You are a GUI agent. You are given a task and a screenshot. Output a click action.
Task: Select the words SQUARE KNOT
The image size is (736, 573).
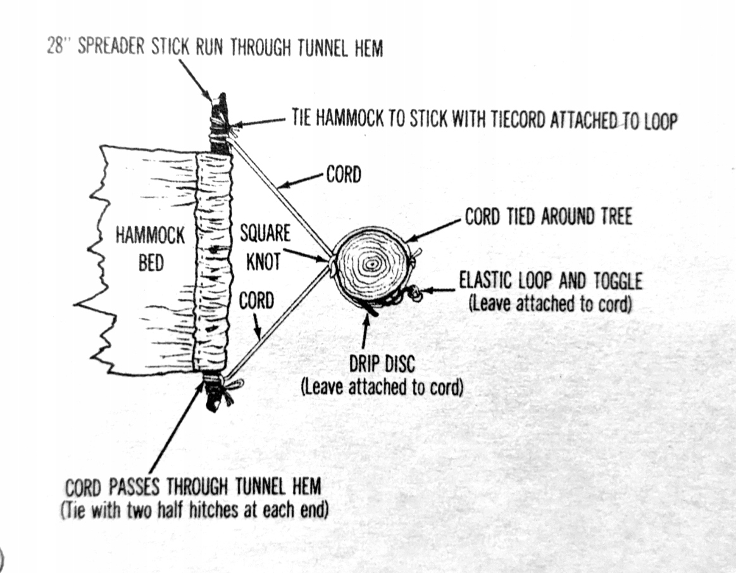(264, 247)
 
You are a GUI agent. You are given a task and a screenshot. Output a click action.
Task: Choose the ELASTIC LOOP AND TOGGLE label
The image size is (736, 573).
(550, 280)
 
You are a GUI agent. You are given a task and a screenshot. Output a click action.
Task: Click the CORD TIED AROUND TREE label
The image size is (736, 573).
(548, 217)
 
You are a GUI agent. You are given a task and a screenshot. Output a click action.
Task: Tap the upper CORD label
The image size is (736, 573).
(343, 175)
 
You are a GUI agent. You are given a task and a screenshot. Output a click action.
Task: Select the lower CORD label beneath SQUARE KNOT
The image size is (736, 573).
(256, 300)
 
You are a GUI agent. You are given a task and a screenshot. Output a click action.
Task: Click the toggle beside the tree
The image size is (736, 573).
(415, 292)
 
